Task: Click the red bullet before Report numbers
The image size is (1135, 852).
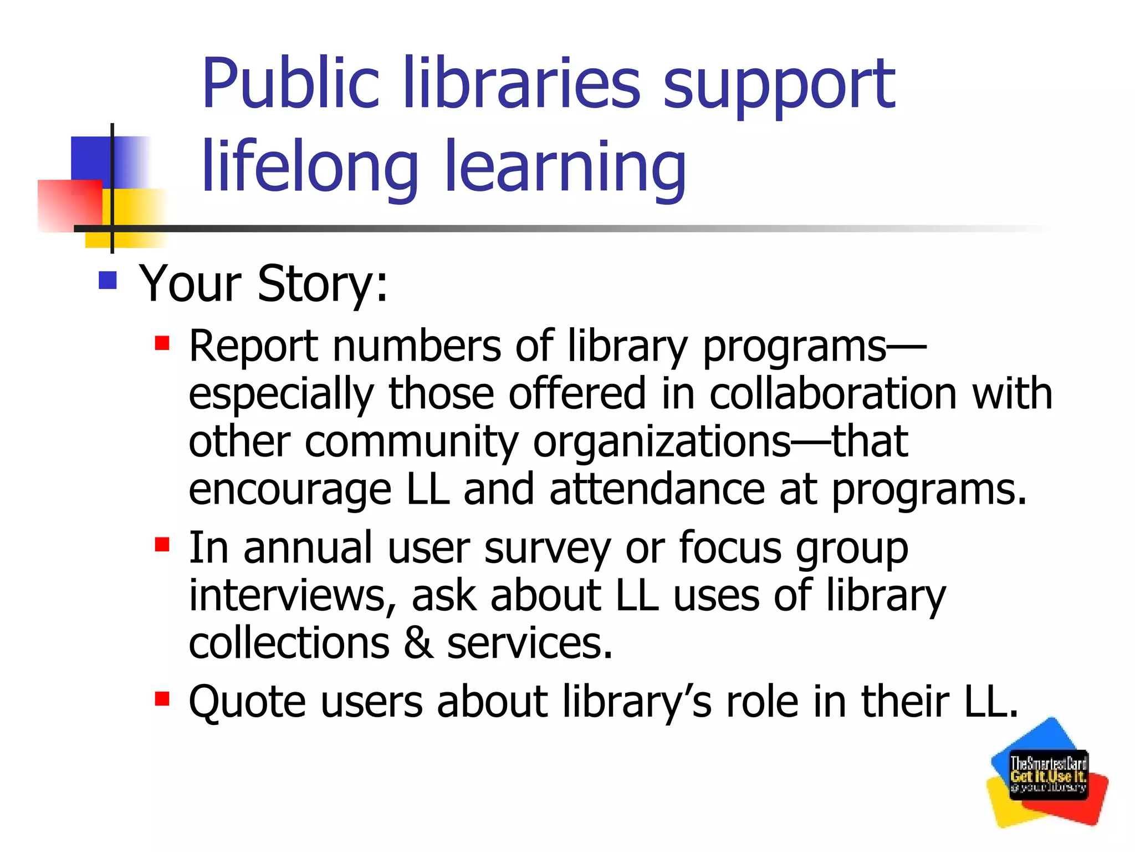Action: [x=162, y=343]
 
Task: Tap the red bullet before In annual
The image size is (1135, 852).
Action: [x=162, y=545]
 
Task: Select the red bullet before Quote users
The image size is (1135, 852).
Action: [x=162, y=698]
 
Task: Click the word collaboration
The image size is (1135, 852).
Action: [x=833, y=394]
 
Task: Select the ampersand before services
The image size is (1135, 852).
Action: [x=418, y=643]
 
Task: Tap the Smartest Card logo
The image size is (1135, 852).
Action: [x=1047, y=773]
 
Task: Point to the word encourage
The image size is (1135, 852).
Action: [x=290, y=491]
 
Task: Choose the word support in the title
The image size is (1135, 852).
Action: [x=779, y=86]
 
